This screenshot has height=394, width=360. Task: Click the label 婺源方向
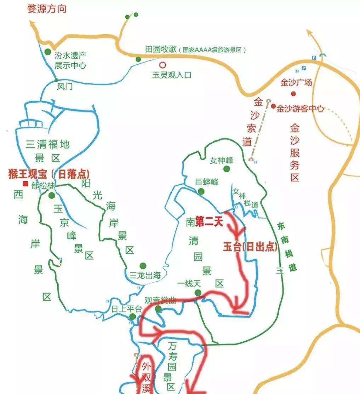[x=47, y=9]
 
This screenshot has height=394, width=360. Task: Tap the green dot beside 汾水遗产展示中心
[x=48, y=52]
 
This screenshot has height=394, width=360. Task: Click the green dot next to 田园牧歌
[x=138, y=59]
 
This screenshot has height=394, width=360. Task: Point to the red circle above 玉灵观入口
[x=162, y=65]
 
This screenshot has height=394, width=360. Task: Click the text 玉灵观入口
[x=171, y=75]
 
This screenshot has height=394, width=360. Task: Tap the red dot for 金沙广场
[x=293, y=93]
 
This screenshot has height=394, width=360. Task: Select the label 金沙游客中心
[x=300, y=109]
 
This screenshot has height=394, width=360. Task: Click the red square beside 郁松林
[x=25, y=184]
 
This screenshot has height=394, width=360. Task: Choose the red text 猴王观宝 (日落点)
[x=49, y=174]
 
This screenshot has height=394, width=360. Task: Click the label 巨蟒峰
[x=207, y=182]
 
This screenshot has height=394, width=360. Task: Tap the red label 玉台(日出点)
[x=250, y=247]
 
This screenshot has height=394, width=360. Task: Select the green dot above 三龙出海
[x=143, y=266]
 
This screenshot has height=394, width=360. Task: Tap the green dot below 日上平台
[x=132, y=317]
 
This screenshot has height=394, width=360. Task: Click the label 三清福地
[x=48, y=144]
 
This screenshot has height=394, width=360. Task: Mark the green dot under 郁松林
[x=52, y=195]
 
